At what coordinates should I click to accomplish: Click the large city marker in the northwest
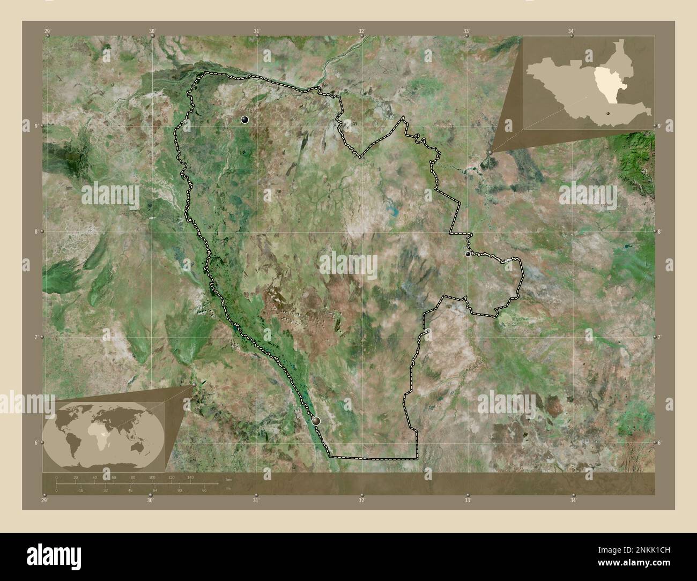(245, 120)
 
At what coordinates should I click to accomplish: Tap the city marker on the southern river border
(316, 421)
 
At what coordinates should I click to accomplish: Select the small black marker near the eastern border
(468, 254)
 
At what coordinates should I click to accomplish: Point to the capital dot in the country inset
(609, 113)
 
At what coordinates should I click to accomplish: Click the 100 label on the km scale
(152, 477)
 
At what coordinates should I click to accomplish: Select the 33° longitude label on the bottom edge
(468, 501)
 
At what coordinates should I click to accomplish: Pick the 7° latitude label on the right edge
(661, 337)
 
